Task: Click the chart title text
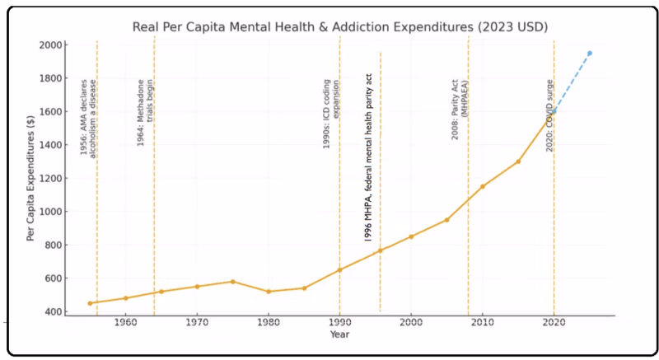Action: pyautogui.click(x=340, y=27)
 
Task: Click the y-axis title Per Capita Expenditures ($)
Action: pyautogui.click(x=30, y=178)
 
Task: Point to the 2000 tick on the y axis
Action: pyautogui.click(x=52, y=44)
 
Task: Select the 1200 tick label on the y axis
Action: pyautogui.click(x=52, y=178)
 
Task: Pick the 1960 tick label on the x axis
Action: pyautogui.click(x=125, y=323)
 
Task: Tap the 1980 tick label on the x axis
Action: pyautogui.click(x=268, y=323)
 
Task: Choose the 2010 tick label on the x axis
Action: pyautogui.click(x=482, y=323)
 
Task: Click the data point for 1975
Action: pyautogui.click(x=232, y=282)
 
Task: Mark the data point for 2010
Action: pyautogui.click(x=482, y=186)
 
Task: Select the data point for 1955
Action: pyautogui.click(x=90, y=303)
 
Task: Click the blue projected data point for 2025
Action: pyautogui.click(x=589, y=53)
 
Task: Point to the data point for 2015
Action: pyautogui.click(x=518, y=161)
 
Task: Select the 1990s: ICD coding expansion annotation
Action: pyautogui.click(x=331, y=120)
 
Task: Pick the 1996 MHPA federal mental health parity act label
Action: pyautogui.click(x=368, y=157)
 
